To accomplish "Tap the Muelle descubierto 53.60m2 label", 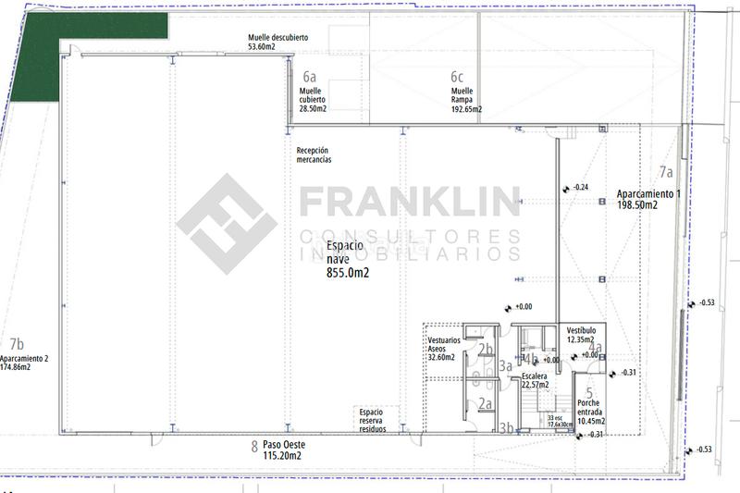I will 277,43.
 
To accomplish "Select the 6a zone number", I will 309,78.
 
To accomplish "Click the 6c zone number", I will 457,77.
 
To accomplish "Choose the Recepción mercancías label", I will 313,155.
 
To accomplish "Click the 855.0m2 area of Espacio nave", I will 348,274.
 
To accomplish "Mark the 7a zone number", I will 666,172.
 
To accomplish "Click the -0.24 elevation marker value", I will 581,188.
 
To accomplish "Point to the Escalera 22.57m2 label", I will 536,381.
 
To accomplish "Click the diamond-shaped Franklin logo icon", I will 227,224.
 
